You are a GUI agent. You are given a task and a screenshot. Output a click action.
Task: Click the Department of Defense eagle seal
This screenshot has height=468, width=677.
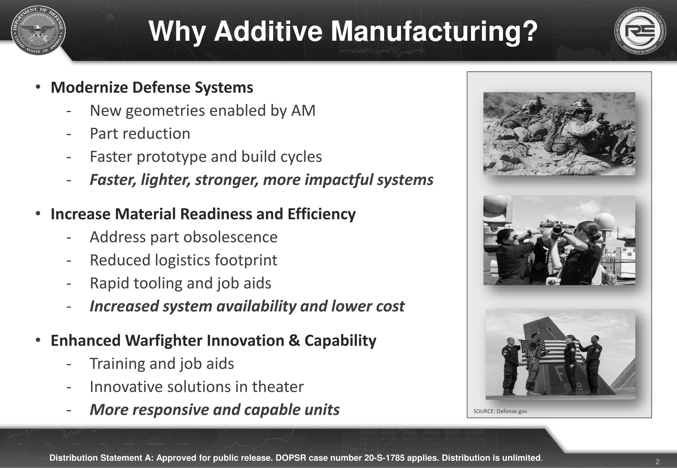pos(38,31)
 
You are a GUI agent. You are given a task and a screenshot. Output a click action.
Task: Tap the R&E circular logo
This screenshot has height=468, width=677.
pos(640,31)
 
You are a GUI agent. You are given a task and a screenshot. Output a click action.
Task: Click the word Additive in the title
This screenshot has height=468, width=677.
pos(268,31)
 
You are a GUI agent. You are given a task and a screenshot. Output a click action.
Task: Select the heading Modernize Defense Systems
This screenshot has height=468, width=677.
pos(152,87)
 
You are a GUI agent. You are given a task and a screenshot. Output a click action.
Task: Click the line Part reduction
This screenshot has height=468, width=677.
pos(140,134)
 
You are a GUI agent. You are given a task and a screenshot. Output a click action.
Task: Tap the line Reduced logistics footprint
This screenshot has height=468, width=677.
pos(183,260)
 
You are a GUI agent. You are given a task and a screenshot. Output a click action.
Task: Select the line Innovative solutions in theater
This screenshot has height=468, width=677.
pos(197,387)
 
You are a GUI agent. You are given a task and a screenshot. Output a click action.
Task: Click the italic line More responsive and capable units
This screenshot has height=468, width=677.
pos(215,410)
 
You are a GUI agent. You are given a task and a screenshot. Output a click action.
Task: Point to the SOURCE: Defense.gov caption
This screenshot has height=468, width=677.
pos(500,411)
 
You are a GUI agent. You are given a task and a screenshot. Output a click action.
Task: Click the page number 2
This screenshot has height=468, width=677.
pos(658,462)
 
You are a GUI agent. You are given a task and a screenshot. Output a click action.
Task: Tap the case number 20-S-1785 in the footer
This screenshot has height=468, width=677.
pos(384,458)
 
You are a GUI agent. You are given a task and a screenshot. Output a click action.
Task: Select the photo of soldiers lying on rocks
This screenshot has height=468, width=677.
pos(559,134)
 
